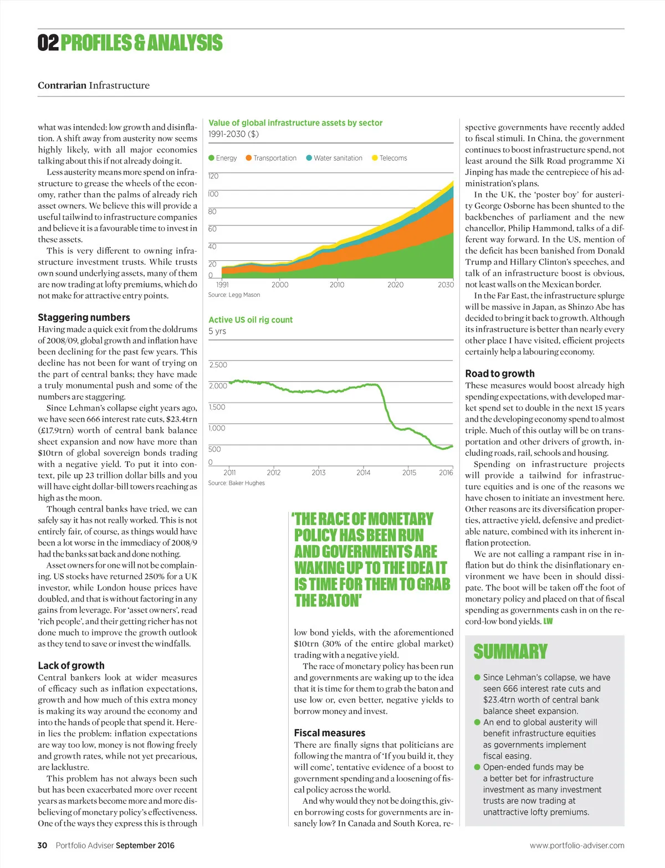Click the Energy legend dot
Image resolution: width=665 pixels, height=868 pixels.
coord(211,158)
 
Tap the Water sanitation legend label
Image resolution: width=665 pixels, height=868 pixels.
coord(337,158)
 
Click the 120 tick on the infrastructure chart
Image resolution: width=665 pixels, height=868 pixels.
coord(213,176)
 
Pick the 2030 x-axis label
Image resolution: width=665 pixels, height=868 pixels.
coord(446,285)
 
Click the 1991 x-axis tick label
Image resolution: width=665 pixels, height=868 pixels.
coord(222,285)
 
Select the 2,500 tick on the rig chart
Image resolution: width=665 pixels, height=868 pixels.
coord(218,365)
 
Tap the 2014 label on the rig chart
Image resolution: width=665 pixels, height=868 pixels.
coord(363,472)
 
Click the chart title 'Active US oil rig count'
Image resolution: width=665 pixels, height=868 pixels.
coord(250,320)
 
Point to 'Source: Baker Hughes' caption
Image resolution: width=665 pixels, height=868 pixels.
coord(236,483)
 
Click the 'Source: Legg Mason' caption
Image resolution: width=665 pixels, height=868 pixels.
coord(234,295)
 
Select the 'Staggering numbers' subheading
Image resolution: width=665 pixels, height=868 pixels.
coord(84,317)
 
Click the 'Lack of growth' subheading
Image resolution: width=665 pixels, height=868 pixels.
coord(71,665)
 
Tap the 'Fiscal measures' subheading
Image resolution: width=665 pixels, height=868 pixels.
coord(329,733)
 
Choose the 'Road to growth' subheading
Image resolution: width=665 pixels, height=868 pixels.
coord(499,373)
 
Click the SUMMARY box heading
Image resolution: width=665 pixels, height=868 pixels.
coord(510,651)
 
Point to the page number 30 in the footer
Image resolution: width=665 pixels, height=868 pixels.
coord(42,845)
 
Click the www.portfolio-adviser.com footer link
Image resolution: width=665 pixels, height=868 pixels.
coord(577,845)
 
